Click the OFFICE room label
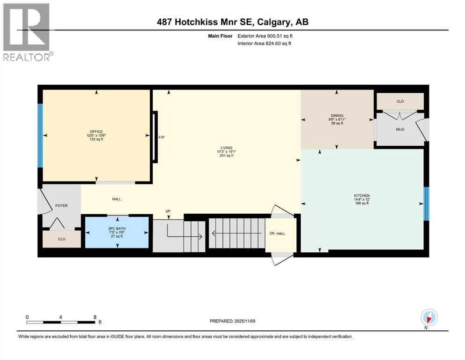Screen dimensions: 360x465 click(96, 131)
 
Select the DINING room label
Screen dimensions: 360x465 click(337, 116)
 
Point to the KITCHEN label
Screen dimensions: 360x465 click(362, 195)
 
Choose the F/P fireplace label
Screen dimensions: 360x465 click(162, 137)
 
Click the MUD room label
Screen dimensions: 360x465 click(399, 129)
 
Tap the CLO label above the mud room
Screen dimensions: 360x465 click(400, 101)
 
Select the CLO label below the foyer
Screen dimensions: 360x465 click(62, 239)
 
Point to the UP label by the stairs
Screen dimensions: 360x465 click(168, 211)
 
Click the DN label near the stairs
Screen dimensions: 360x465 click(272, 233)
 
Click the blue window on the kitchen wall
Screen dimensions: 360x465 click(426, 203)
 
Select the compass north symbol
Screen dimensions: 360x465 click(428, 317)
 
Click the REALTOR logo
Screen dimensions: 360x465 click(27, 32)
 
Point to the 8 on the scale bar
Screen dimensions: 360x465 click(95, 317)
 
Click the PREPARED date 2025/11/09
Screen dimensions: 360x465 click(232, 321)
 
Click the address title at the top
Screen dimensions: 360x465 click(232, 22)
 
